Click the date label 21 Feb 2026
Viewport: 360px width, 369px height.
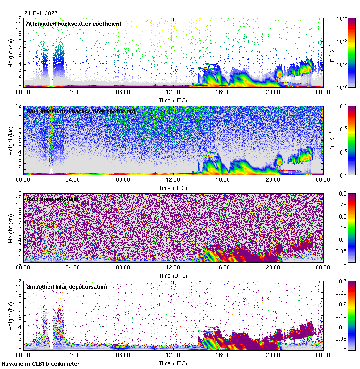[x=41, y=13]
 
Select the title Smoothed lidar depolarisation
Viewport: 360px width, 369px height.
[x=66, y=287]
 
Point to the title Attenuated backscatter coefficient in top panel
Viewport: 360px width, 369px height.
[x=74, y=24]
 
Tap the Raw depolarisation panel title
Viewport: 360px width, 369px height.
[x=52, y=199]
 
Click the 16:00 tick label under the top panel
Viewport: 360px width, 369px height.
[x=223, y=92]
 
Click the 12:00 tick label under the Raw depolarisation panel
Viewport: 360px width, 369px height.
[x=173, y=267]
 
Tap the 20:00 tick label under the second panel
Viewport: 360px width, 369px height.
[x=273, y=179]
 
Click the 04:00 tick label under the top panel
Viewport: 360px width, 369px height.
[x=73, y=92]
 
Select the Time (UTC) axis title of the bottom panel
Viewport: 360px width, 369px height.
[x=173, y=363]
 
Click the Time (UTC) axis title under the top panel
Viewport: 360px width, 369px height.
[x=173, y=100]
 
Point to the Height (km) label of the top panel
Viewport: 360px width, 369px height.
[x=11, y=53]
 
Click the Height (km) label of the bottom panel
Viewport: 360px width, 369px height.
[x=11, y=315]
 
